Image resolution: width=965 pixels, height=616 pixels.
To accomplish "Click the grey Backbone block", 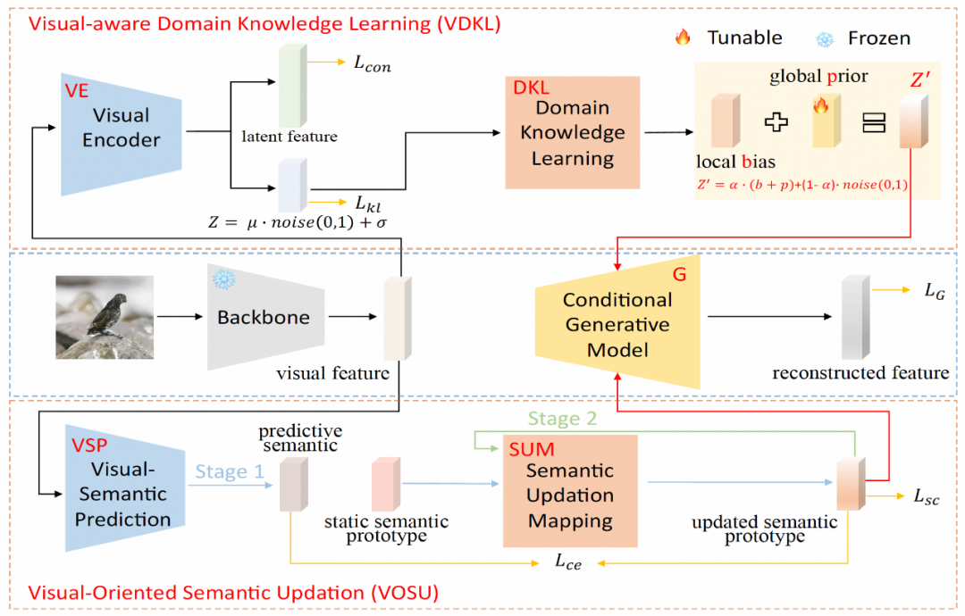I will (x=263, y=317).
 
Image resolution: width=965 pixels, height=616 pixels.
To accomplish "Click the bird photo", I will (x=104, y=317).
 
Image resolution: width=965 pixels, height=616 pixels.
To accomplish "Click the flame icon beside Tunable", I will (x=684, y=37).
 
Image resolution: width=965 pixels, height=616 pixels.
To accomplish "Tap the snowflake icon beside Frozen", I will (x=825, y=38).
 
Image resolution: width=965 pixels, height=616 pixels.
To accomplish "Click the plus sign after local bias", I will (x=776, y=122).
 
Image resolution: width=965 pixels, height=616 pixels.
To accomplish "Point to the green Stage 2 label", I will (x=563, y=418).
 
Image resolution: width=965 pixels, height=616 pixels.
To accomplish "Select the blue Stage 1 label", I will (x=230, y=471).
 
